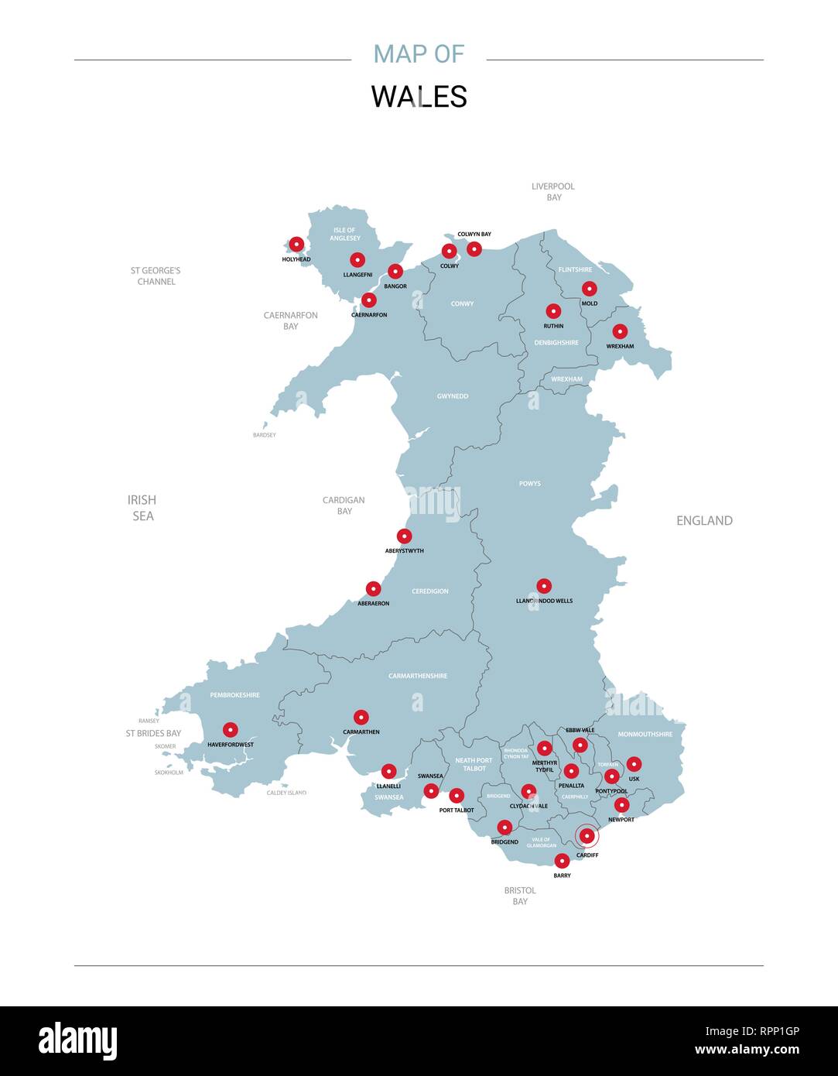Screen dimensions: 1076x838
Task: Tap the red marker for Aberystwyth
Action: pos(404,536)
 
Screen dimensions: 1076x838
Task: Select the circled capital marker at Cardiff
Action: pos(587,836)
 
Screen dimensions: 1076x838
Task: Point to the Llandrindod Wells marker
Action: pos(544,586)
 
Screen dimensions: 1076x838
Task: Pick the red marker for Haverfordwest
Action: pos(230,729)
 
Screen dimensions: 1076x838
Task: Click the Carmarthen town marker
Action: pos(361,718)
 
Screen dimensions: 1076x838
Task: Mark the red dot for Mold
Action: pos(590,289)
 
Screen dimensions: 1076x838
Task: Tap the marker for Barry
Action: pos(563,861)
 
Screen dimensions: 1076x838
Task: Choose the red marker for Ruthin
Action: pos(553,311)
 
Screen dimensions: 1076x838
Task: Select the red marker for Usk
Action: pos(634,764)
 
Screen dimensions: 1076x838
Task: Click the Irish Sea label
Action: pos(142,508)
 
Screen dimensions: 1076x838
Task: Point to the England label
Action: pos(704,521)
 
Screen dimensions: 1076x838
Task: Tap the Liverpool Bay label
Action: pos(553,192)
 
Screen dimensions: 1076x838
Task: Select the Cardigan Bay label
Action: pos(344,505)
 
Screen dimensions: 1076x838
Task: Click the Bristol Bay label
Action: pos(520,896)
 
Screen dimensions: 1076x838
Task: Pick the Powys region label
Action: pos(530,484)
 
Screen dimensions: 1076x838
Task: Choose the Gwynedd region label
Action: pos(453,396)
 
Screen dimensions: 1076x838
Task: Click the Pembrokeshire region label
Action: pos(235,695)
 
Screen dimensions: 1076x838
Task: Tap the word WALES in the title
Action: pos(419,97)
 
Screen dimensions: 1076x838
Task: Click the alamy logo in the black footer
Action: pos(77,1041)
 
